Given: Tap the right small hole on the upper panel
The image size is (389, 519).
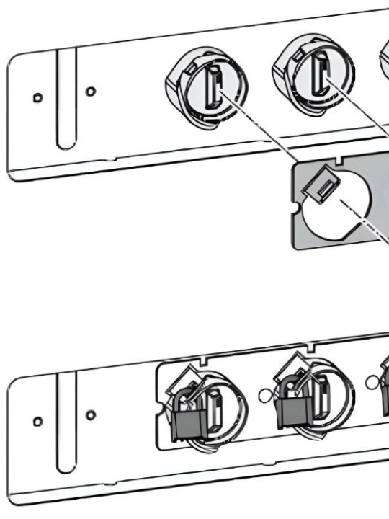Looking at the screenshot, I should click(89, 92).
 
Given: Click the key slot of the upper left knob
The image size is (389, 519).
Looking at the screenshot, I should click(214, 86).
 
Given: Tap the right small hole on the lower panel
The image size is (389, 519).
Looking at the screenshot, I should click(89, 414).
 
